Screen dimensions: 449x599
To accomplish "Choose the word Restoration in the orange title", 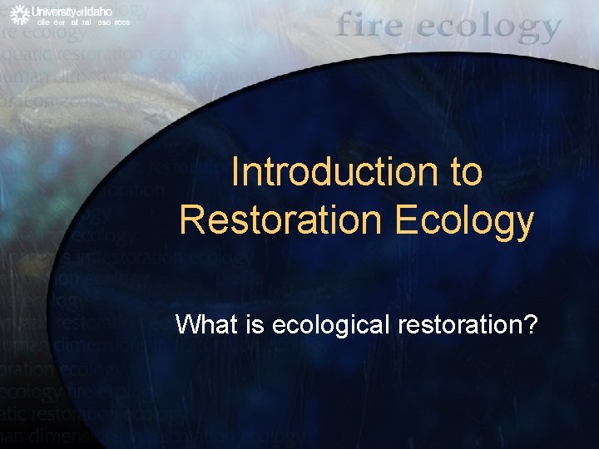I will click(x=282, y=220).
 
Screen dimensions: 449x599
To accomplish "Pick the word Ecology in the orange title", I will click(x=464, y=222).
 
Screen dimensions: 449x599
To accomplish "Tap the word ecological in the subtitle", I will click(x=324, y=324).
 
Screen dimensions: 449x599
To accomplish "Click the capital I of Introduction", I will click(x=235, y=172).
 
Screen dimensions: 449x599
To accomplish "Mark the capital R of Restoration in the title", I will click(x=191, y=220).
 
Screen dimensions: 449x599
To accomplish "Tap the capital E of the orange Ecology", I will click(x=408, y=220).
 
